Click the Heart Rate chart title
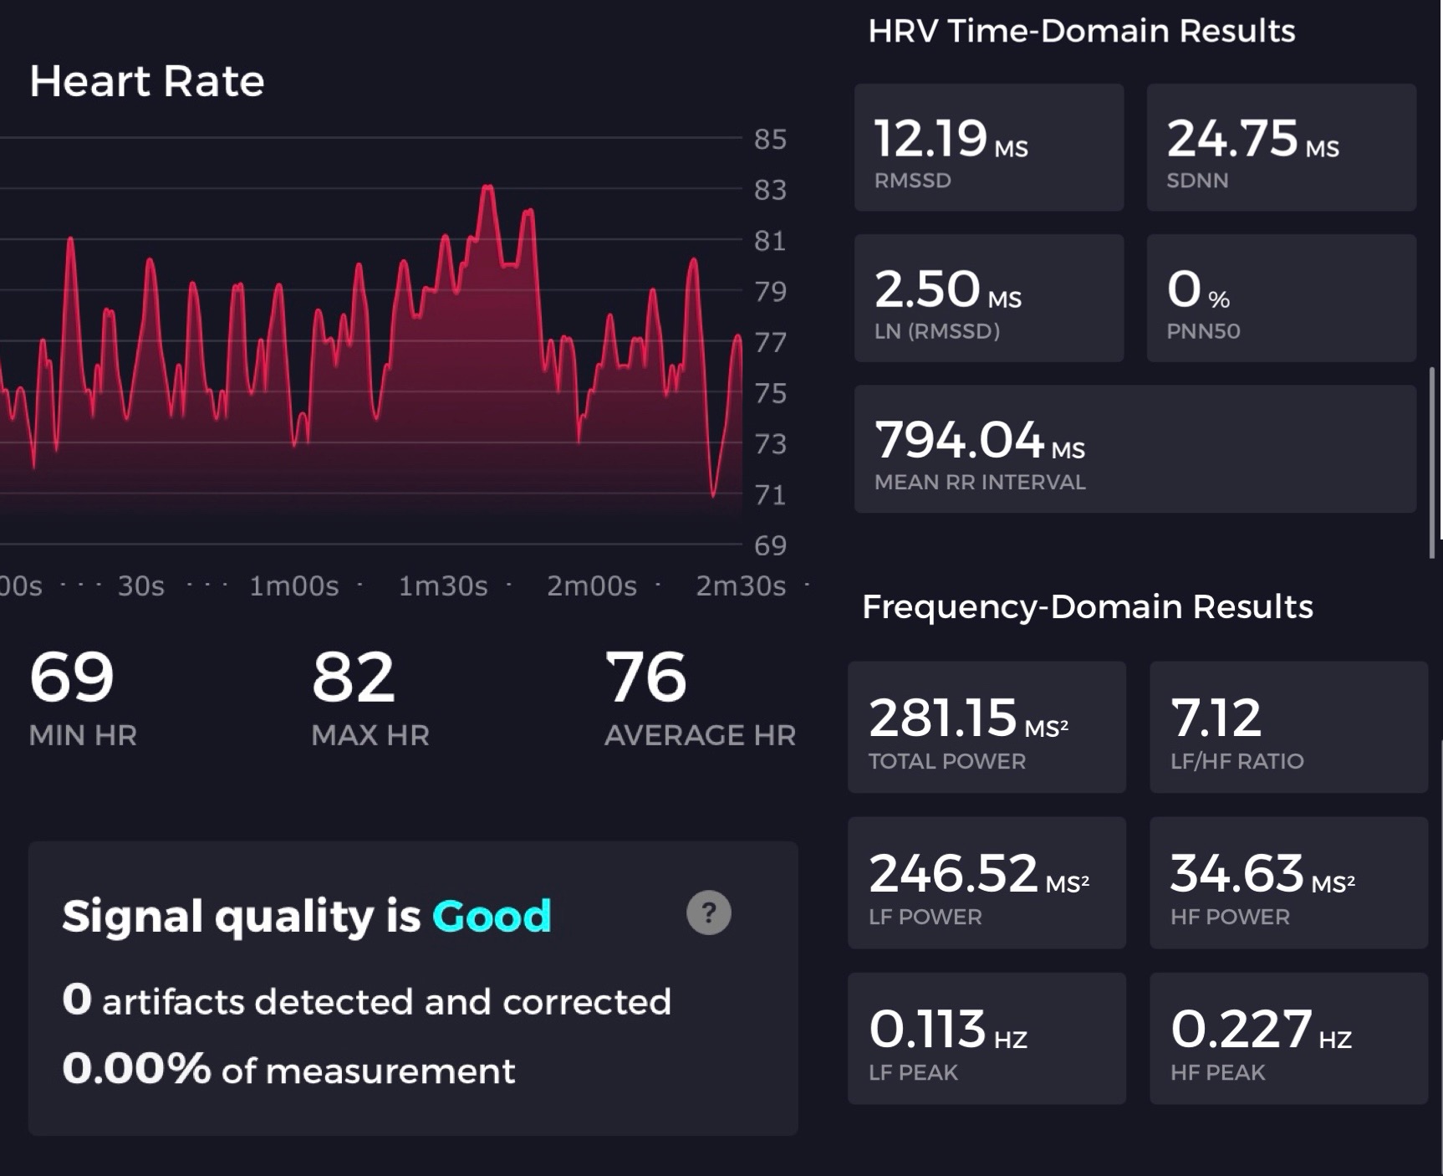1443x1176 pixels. coord(147,81)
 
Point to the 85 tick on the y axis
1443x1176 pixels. coord(770,139)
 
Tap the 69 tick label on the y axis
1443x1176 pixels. coord(770,545)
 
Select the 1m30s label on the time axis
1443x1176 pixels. coord(443,585)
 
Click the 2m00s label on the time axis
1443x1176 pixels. coord(592,585)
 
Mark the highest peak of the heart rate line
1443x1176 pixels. coord(487,187)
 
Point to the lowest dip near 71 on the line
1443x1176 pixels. coord(713,495)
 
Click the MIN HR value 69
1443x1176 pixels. coord(72,677)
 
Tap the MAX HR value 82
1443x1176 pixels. coord(353,677)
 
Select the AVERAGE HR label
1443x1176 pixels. coord(700,735)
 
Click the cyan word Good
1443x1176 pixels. coord(492,916)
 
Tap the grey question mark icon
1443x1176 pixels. coord(709,913)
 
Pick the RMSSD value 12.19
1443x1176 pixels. coord(931,138)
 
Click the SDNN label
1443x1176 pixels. coord(1197,180)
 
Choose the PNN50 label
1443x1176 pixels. coord(1203,330)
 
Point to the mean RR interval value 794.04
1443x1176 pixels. coord(959,439)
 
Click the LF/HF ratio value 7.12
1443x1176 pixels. coord(1216,718)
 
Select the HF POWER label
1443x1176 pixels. coord(1230,917)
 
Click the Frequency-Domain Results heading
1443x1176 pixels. coord(1087,606)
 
